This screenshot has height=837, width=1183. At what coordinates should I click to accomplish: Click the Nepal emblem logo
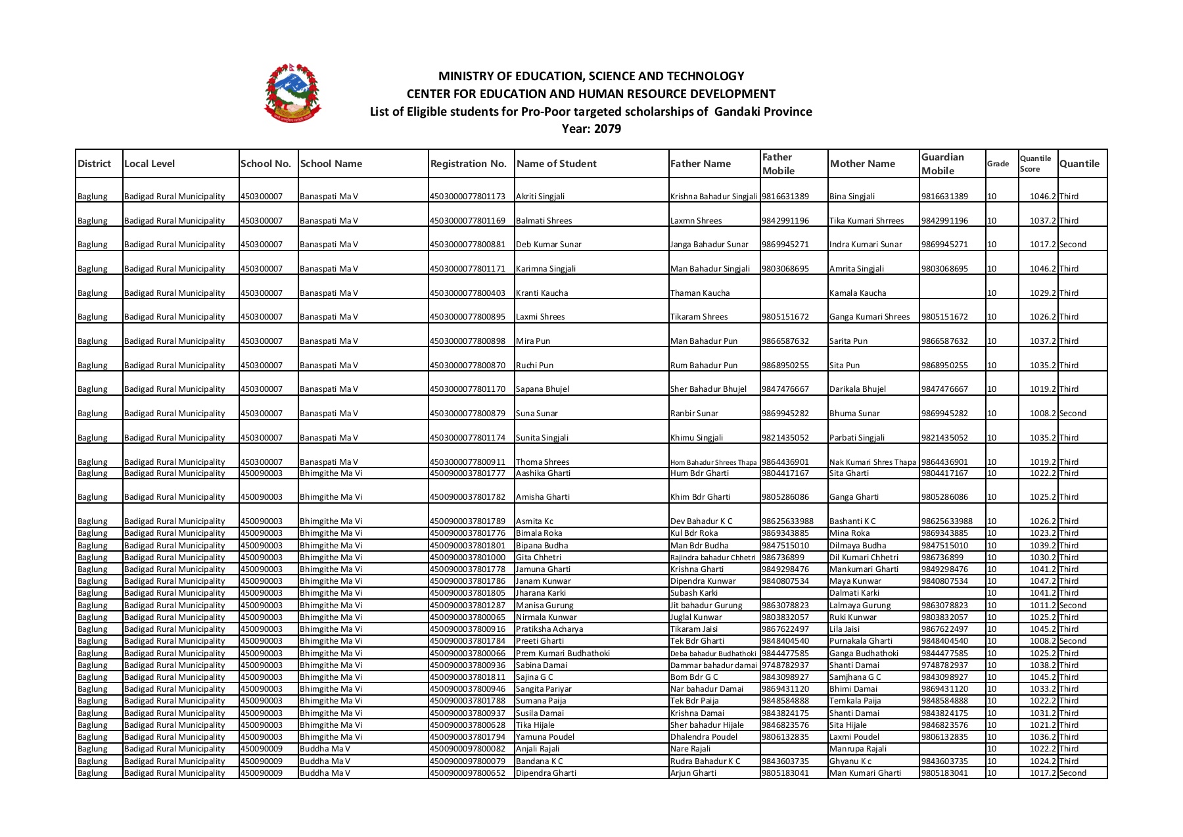(292, 93)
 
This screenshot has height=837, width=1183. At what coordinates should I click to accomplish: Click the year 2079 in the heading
(607, 129)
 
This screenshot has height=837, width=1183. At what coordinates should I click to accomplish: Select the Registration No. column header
(468, 164)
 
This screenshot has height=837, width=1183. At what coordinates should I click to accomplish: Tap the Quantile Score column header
(1035, 164)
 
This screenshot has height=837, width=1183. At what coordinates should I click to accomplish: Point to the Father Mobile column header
(778, 164)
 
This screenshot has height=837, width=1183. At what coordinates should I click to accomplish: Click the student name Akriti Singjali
(540, 197)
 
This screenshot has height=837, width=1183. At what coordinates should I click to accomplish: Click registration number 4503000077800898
(467, 341)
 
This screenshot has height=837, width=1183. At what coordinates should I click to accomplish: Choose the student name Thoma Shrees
(542, 462)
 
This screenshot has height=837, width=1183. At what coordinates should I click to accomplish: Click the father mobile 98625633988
(787, 521)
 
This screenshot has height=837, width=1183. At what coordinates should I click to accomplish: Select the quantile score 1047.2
(1042, 581)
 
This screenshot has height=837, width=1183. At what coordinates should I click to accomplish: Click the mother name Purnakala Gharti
(860, 641)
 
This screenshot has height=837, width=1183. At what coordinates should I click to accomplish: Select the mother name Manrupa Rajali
(858, 749)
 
